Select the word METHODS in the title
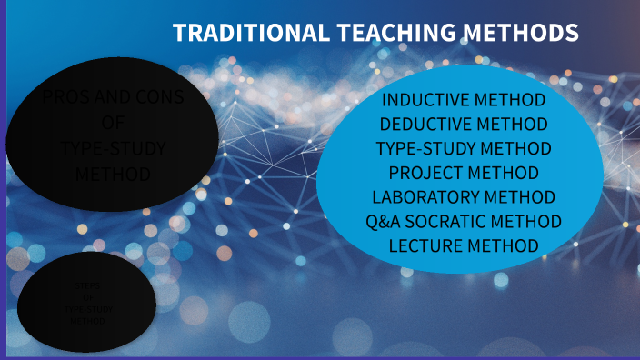[521, 34]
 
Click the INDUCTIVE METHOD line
[464, 100]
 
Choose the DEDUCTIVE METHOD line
[464, 124]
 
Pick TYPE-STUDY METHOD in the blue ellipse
[464, 148]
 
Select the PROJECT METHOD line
[464, 173]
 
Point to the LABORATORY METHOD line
[464, 196]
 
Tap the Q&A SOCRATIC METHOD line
[464, 221]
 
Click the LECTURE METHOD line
[464, 245]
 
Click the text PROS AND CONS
[113, 97]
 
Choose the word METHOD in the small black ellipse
[87, 321]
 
